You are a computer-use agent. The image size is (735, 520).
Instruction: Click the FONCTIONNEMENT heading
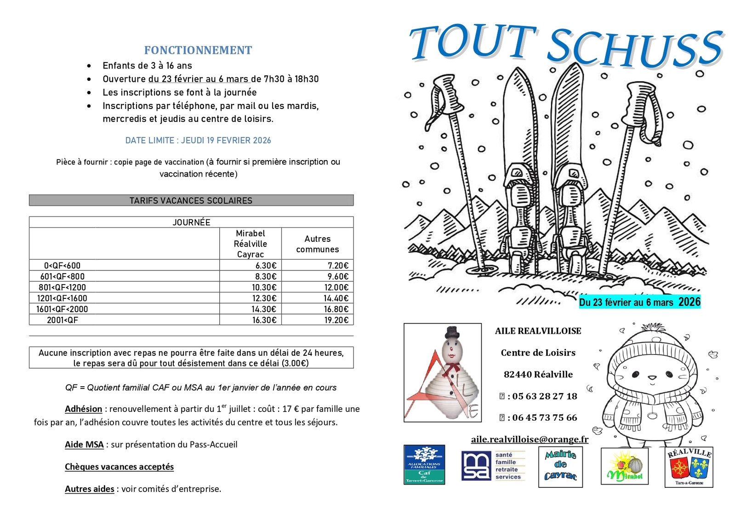[x=198, y=50]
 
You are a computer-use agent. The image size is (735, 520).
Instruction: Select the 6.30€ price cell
[x=264, y=266]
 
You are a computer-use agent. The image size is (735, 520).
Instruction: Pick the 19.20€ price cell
[x=336, y=320]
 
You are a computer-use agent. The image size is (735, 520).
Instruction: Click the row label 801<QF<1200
[x=62, y=287]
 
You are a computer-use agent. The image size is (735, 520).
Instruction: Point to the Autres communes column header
[x=317, y=244]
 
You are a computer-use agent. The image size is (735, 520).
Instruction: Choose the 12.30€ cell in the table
[x=264, y=298]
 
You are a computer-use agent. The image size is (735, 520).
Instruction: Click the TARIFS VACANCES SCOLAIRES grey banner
[x=191, y=200]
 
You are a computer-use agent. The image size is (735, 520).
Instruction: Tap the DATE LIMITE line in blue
[x=198, y=141]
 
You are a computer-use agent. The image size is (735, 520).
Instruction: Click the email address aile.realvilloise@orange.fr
[x=530, y=440]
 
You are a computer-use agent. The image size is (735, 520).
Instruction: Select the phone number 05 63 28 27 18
[x=544, y=396]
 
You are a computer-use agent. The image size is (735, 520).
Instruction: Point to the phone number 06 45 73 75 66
[x=544, y=418]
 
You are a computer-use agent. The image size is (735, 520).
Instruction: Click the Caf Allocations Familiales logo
[x=424, y=464]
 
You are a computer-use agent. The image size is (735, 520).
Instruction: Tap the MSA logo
[x=493, y=466]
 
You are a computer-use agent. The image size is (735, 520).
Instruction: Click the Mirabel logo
[x=624, y=466]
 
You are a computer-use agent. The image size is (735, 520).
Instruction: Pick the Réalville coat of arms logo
[x=689, y=467]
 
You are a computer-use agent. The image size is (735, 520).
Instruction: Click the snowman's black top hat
[x=452, y=332]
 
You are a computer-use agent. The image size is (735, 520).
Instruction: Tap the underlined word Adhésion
[x=83, y=409]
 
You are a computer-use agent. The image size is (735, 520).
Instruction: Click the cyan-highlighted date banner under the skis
[x=639, y=302]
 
